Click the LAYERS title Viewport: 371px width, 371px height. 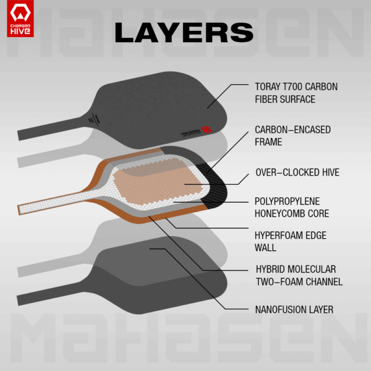[x=184, y=32]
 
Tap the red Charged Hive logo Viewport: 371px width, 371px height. [x=20, y=19]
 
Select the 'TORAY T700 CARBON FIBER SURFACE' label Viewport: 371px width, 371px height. [x=296, y=93]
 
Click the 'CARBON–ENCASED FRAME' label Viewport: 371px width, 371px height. [x=292, y=136]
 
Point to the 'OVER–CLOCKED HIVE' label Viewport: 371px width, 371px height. [x=297, y=173]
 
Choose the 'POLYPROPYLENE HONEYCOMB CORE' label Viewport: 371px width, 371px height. [x=292, y=208]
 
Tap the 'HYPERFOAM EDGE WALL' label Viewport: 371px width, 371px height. [x=291, y=241]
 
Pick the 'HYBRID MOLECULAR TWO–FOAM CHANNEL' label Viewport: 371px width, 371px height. [x=299, y=275]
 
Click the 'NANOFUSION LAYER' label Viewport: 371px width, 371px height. [x=294, y=310]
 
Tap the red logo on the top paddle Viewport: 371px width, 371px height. [x=207, y=130]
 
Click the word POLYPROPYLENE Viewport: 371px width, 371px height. [x=288, y=202]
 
